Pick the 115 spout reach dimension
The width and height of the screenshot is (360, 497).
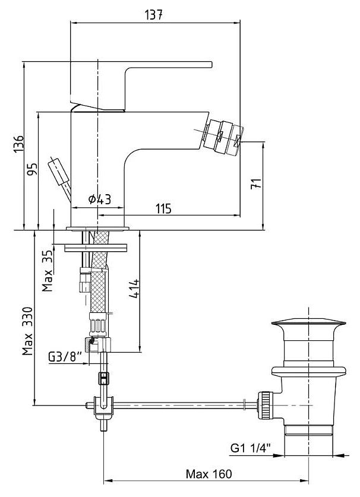coord(164,208)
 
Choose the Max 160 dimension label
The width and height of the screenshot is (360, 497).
coord(209,474)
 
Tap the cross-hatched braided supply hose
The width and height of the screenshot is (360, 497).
coord(99,279)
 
